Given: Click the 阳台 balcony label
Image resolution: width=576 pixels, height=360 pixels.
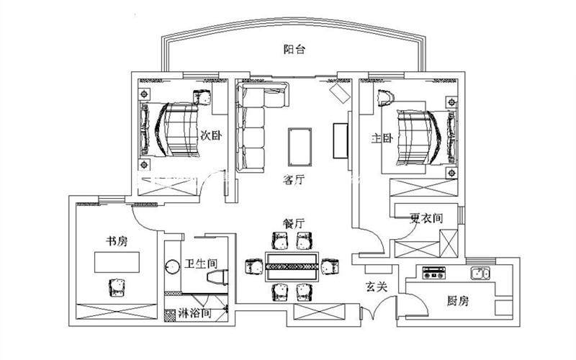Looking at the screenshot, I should pyautogui.click(x=294, y=50).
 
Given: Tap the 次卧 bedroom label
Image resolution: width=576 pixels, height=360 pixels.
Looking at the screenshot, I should pyautogui.click(x=210, y=135).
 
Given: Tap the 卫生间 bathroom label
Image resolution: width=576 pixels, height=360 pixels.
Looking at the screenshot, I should pyautogui.click(x=200, y=264).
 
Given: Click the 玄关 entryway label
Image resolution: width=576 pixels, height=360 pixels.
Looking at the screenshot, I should pyautogui.click(x=377, y=287).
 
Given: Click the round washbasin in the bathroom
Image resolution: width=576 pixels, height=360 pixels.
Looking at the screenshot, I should pyautogui.click(x=173, y=266).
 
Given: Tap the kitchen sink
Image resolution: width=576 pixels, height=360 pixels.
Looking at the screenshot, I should pyautogui.click(x=480, y=274).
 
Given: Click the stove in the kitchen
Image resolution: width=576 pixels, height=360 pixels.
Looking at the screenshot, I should pyautogui.click(x=435, y=274).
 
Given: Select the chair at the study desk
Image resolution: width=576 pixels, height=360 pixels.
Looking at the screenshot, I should pyautogui.click(x=115, y=286).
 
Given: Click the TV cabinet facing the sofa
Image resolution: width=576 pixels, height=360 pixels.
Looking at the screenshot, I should pyautogui.click(x=341, y=140).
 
